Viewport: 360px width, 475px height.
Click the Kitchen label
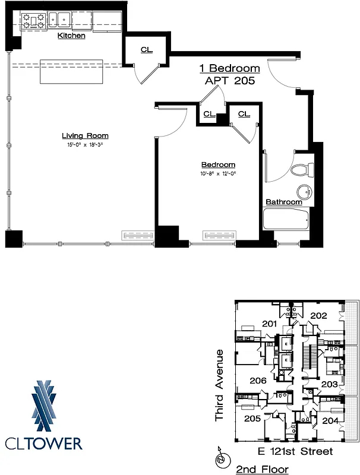coord(71,36)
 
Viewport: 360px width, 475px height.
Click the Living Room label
coord(85,136)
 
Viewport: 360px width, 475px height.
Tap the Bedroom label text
coord(218,164)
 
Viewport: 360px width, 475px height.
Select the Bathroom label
coord(283,202)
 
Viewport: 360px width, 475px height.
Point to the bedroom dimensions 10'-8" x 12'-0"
coord(218,173)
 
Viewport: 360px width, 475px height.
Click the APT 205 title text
coord(229,81)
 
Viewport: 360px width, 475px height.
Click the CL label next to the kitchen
coord(146,50)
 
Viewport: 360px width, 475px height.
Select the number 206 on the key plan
coord(258,381)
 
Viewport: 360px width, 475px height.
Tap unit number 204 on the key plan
coord(330,420)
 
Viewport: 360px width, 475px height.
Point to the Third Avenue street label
coord(219,385)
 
